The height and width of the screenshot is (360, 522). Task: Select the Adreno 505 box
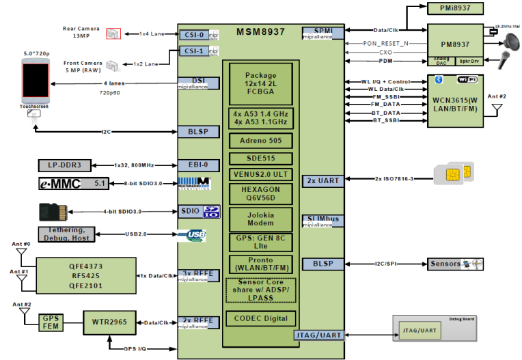point(260,141)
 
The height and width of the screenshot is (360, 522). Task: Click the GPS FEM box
point(51,322)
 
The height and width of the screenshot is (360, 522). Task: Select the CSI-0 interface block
point(193,33)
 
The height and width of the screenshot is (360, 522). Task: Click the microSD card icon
point(53,211)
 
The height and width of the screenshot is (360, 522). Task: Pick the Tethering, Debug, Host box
point(66,234)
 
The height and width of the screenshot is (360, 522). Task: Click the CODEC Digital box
point(260,318)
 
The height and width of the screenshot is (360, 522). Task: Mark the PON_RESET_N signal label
point(387,42)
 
